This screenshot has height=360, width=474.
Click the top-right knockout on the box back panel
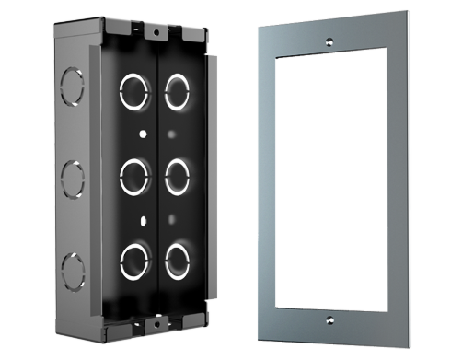(x=177, y=90)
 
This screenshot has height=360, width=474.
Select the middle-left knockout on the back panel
(x=134, y=175)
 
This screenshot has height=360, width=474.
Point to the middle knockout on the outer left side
(x=71, y=175)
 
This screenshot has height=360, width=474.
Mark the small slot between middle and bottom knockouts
(x=142, y=220)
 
